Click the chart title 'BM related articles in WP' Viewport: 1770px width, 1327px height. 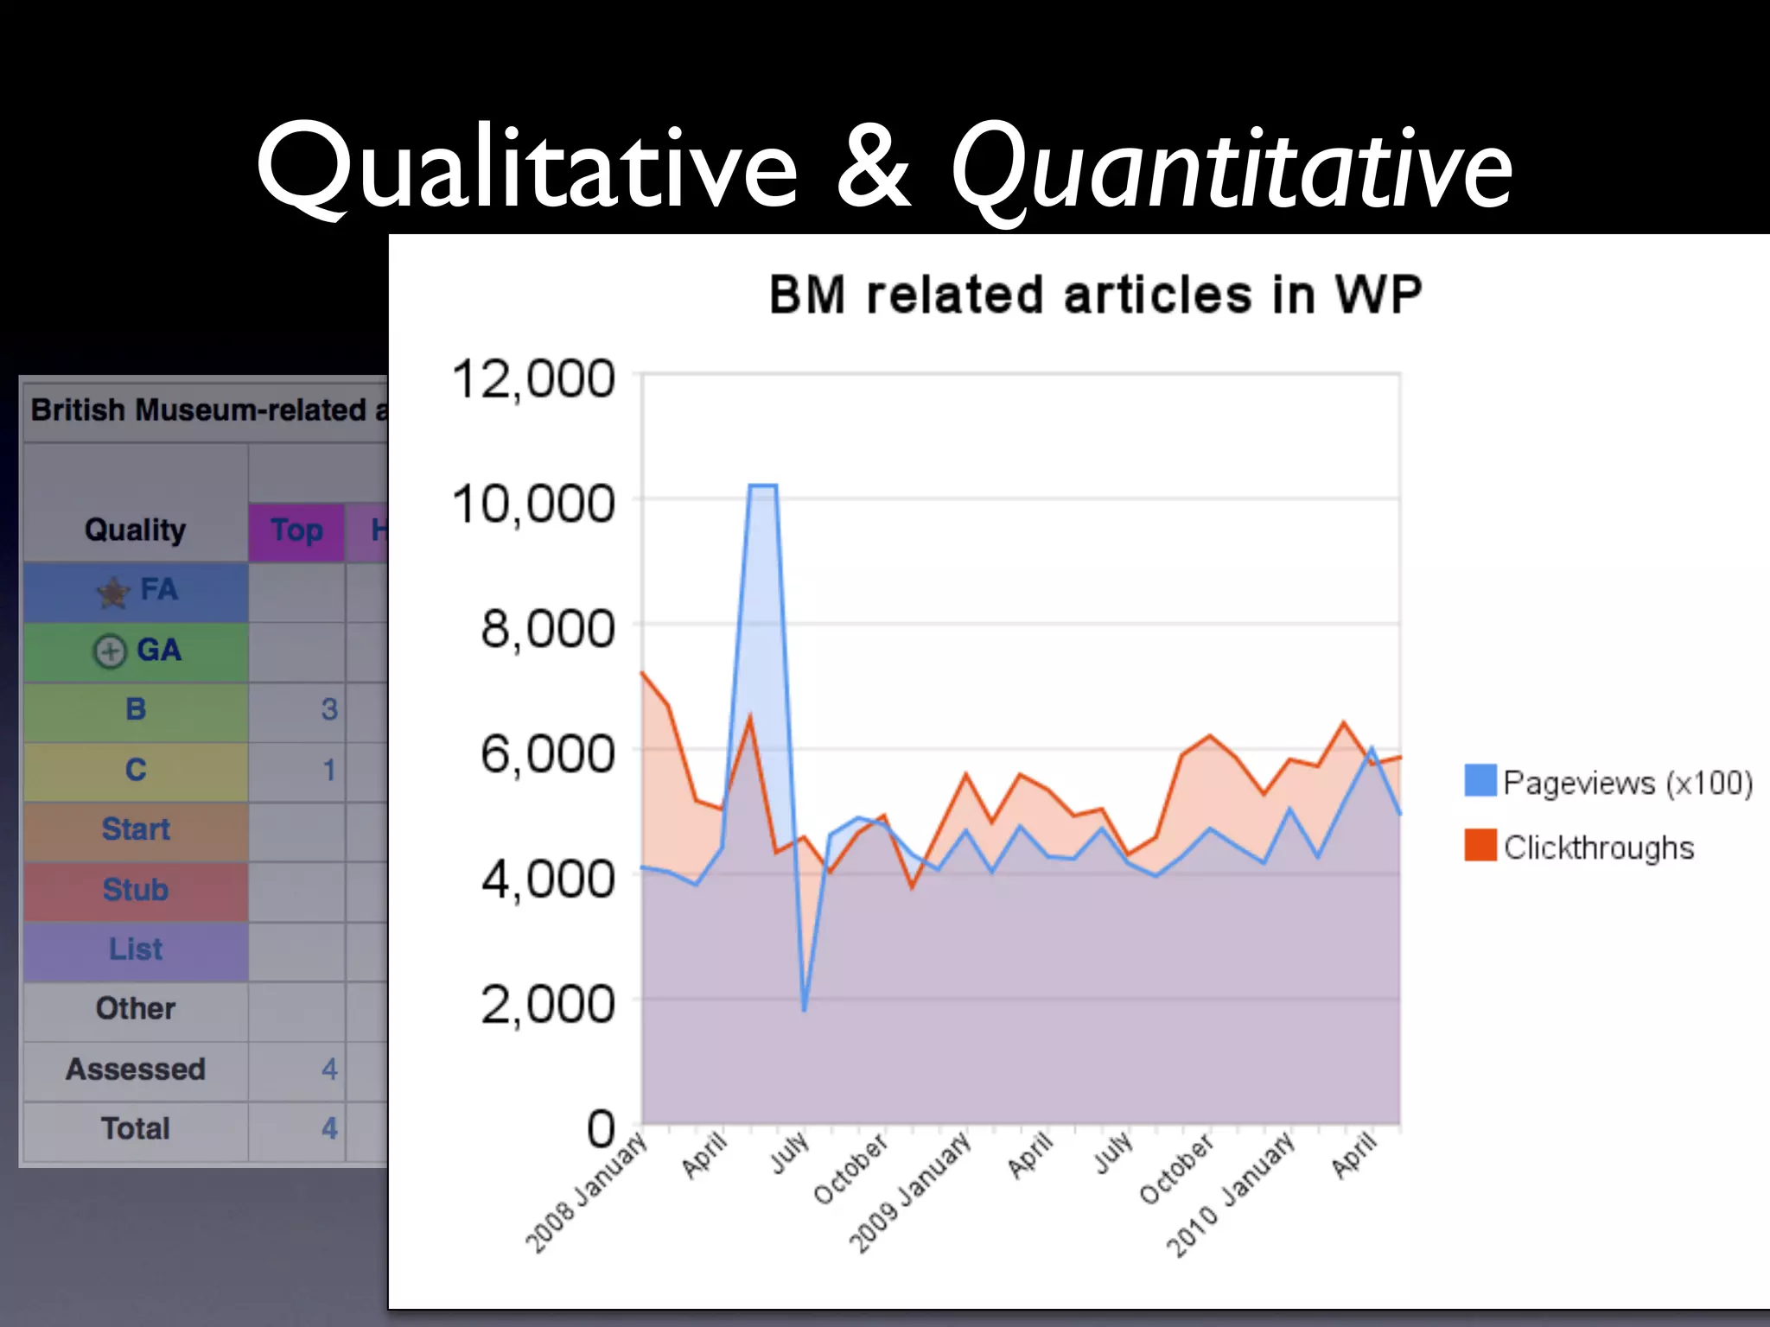[1095, 295]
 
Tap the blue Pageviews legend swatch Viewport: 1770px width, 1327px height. [1480, 780]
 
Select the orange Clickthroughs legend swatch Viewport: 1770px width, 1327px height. [1480, 846]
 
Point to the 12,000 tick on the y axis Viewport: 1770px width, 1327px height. [533, 379]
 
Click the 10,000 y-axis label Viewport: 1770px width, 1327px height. [533, 504]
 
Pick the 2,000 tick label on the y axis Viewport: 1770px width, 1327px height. [547, 1004]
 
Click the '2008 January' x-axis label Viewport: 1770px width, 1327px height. [587, 1193]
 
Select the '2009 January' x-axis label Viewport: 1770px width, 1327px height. [910, 1193]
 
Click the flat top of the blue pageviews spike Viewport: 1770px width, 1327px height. [762, 486]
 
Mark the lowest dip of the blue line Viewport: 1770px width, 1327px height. [804, 1009]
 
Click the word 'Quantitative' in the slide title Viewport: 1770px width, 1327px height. [1231, 168]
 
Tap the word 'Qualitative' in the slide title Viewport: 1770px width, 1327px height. [527, 168]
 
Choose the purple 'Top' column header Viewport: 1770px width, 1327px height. [296, 530]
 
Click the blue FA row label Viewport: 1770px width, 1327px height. [158, 590]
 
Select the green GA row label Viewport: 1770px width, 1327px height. [158, 650]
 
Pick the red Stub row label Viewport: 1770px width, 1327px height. [136, 889]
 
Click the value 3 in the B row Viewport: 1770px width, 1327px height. [328, 709]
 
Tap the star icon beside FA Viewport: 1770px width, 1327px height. [112, 593]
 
